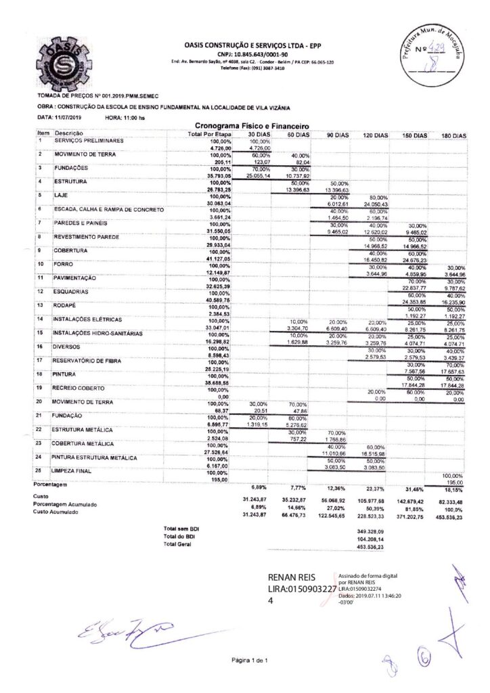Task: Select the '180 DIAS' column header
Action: (x=454, y=136)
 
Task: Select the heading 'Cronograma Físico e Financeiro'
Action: (x=252, y=126)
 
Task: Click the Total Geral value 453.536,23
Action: (x=370, y=547)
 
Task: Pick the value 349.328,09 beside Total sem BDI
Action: (x=370, y=529)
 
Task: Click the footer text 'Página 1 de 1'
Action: (x=250, y=660)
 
